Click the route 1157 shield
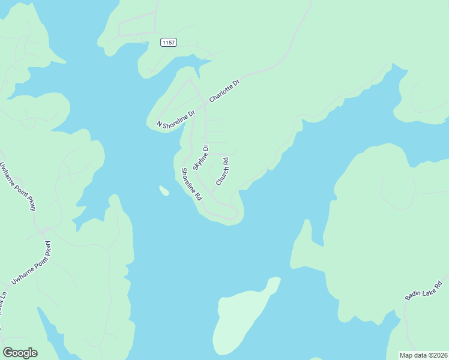[169, 42]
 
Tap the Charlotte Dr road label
[224, 90]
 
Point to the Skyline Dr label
[200, 157]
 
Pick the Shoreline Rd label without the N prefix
[192, 184]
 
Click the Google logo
[20, 353]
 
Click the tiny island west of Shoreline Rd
[164, 191]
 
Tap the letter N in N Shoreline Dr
[160, 124]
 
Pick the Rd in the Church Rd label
[226, 162]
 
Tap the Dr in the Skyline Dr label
[205, 148]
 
